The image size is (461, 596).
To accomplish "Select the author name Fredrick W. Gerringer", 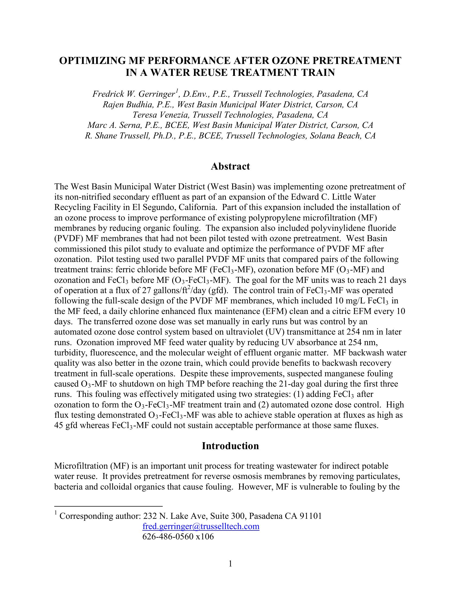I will point(133,94).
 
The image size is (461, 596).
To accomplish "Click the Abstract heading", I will point(230,166).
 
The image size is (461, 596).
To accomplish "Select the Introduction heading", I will point(230,446).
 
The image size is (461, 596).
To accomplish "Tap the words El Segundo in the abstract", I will point(154,208).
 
